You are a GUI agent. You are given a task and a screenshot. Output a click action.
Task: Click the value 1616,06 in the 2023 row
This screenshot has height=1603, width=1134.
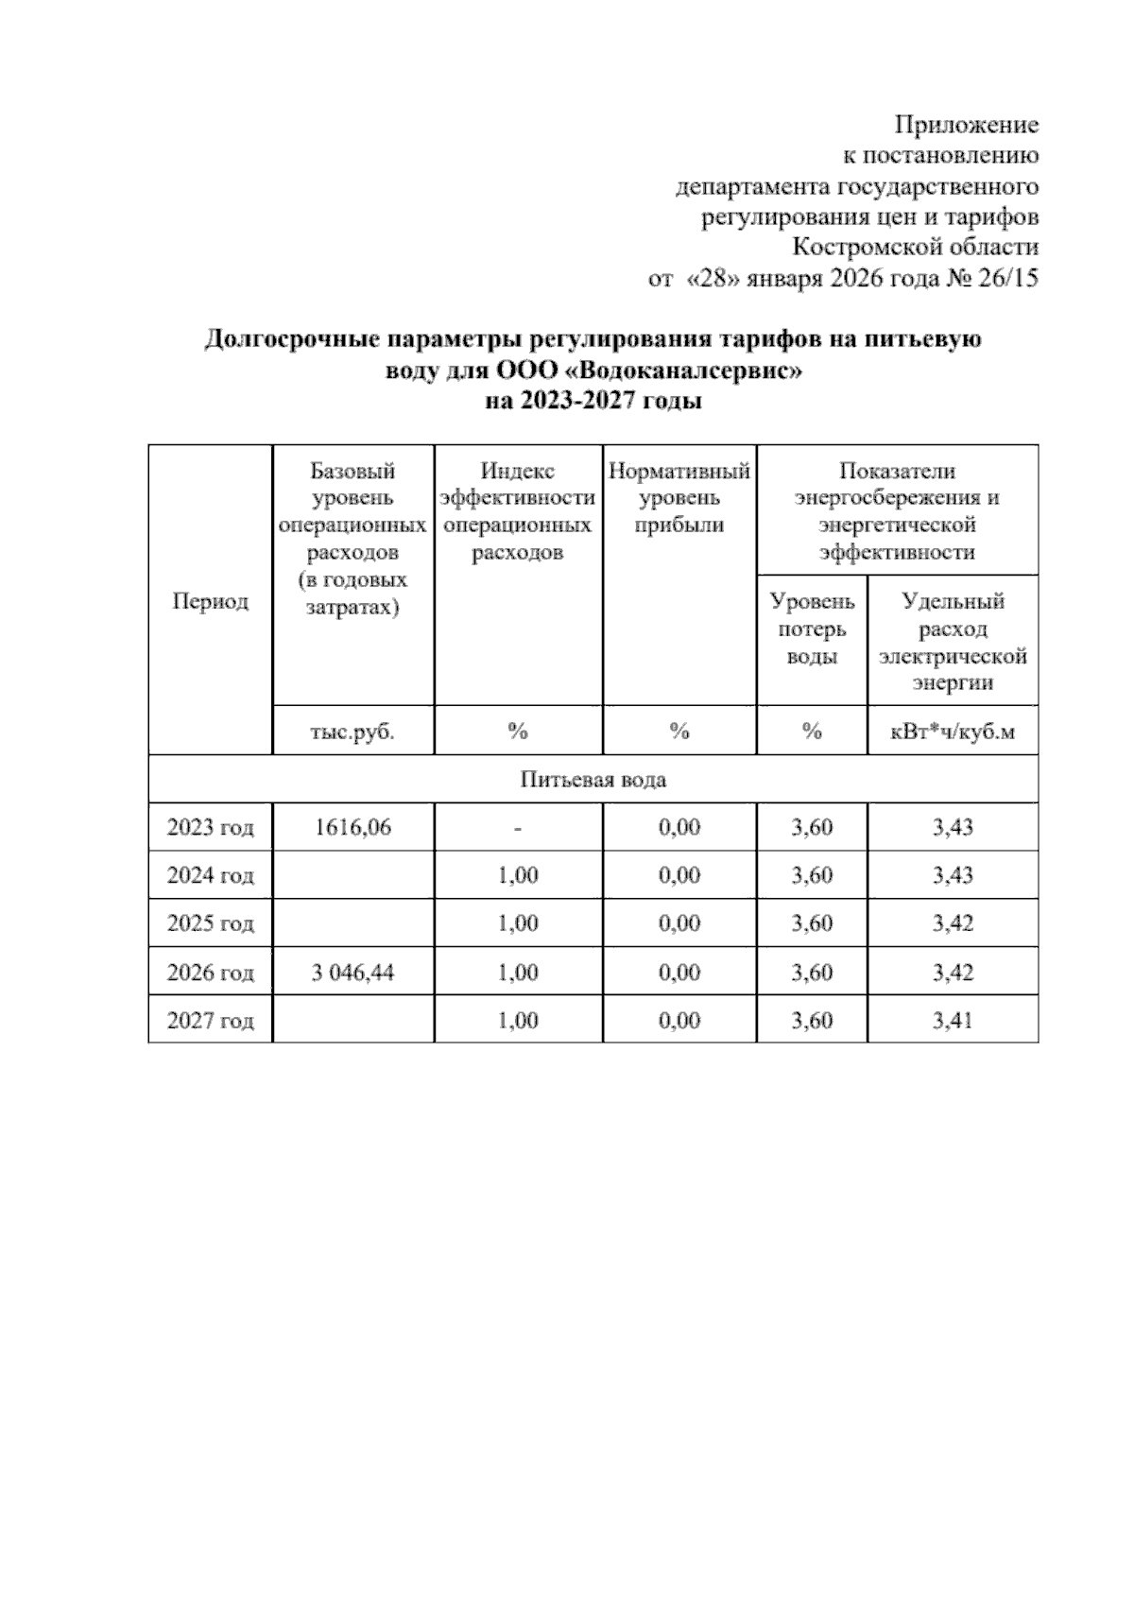(x=352, y=828)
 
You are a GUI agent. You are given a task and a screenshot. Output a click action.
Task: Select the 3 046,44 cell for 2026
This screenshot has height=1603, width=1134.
(x=352, y=973)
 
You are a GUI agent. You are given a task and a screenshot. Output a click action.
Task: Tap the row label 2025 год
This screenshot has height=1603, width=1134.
(x=210, y=923)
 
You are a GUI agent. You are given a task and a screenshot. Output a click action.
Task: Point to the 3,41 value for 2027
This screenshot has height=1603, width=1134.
(x=952, y=1021)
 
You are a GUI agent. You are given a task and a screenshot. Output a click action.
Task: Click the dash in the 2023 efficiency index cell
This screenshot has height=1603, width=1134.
(x=518, y=829)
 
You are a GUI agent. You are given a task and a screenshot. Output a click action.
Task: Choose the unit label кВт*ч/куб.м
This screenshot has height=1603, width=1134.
(x=952, y=731)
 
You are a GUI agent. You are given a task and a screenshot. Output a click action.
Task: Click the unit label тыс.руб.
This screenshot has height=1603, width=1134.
(x=352, y=731)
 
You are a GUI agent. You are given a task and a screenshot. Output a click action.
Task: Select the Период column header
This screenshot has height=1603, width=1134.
(x=210, y=601)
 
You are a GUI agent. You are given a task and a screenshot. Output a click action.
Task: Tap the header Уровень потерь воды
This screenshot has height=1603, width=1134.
(x=812, y=629)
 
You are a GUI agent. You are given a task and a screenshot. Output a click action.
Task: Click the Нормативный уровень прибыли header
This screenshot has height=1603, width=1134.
(x=679, y=498)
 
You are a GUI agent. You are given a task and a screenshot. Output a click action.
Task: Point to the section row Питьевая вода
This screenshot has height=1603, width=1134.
(x=593, y=780)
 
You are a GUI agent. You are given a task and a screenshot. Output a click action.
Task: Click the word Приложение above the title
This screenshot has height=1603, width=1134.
(x=966, y=125)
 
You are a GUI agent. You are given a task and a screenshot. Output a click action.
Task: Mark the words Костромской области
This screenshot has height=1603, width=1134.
(x=915, y=248)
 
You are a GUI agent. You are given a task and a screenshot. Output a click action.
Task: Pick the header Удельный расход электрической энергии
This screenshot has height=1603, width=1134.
(x=952, y=642)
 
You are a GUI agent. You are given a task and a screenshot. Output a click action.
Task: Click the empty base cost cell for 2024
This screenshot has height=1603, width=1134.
(x=352, y=875)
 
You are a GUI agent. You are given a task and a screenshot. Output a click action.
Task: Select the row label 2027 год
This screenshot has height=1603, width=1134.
(x=210, y=1021)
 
